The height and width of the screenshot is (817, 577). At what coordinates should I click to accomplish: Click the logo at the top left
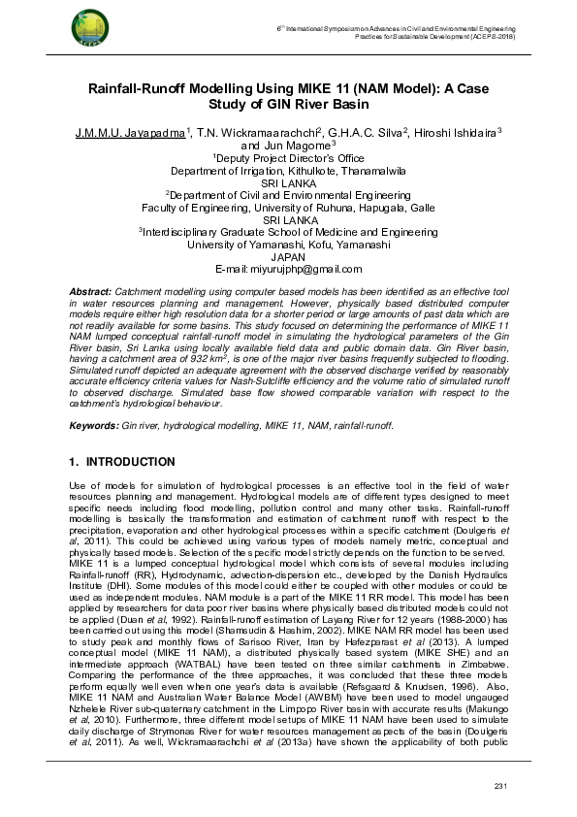tap(88, 32)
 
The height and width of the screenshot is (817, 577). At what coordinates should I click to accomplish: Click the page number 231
tap(501, 784)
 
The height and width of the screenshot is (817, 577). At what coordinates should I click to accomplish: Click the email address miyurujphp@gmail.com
tap(306, 268)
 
